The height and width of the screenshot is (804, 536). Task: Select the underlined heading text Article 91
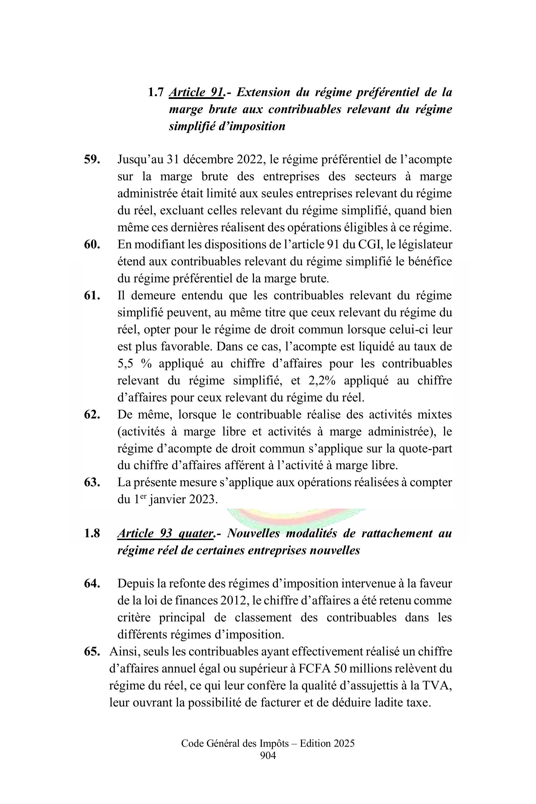(197, 92)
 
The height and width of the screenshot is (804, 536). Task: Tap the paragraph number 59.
(92, 160)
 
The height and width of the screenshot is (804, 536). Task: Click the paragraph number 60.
(92, 245)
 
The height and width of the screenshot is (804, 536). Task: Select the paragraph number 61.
(92, 296)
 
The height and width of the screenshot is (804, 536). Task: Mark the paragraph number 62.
(92, 414)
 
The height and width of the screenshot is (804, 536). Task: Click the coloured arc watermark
(296, 516)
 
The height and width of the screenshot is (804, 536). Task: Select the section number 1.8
(92, 533)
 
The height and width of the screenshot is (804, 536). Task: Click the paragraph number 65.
(92, 651)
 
